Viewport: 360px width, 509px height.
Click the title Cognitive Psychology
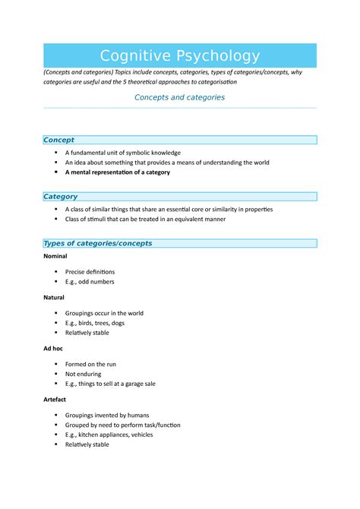tap(180, 56)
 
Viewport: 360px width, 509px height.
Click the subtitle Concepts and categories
tap(179, 97)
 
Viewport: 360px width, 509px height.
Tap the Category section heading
tap(61, 197)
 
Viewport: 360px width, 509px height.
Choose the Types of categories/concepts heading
tap(98, 244)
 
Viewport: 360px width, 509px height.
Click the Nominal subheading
tap(55, 257)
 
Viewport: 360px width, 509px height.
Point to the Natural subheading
tap(54, 298)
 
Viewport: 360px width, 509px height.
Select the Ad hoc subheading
tap(53, 349)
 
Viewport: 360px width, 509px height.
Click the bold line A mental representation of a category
tap(118, 172)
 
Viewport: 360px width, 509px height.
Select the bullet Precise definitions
tap(90, 271)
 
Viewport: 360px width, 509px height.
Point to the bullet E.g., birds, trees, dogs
tap(95, 323)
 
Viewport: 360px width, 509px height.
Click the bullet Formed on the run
tap(91, 364)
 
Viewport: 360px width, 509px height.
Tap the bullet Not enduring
tap(82, 374)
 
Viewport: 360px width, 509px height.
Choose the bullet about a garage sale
tap(110, 384)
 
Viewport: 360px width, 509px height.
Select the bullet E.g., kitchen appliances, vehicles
tap(109, 435)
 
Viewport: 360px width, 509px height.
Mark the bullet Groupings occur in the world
tap(104, 313)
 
